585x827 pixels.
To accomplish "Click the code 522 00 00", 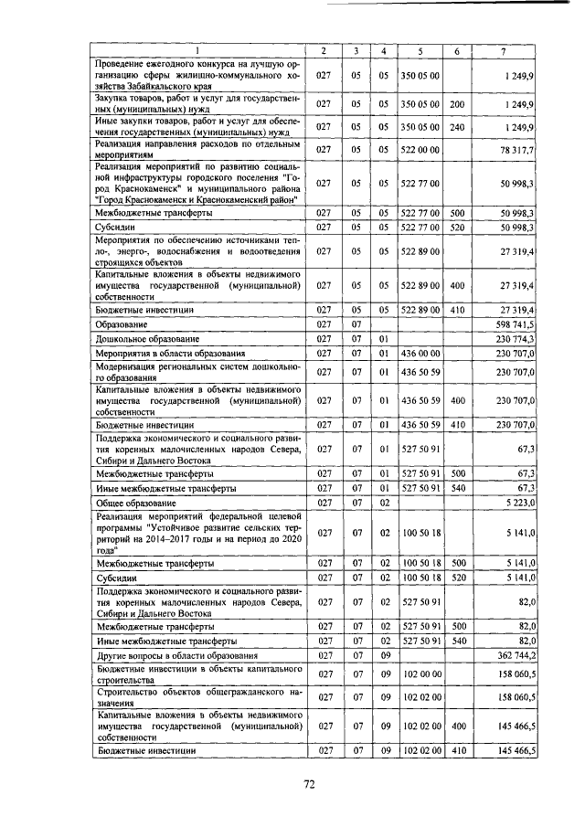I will click(420, 148).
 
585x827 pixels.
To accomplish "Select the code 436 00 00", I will click(420, 353).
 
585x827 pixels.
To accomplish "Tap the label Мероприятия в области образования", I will click(170, 353).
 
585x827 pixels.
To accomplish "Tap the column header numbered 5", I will click(420, 49).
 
